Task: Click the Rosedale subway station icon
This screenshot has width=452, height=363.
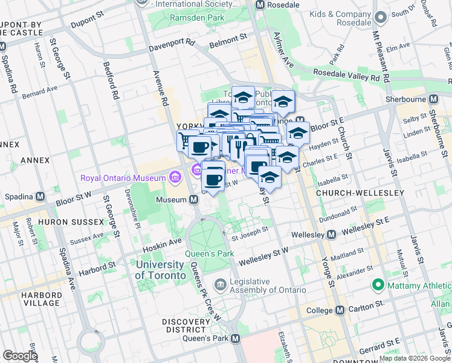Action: [x=260, y=4]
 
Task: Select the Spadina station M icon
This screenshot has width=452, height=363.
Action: [x=40, y=197]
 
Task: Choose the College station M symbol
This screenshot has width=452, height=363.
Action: [x=340, y=310]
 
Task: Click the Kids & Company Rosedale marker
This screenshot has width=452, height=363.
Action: [x=380, y=18]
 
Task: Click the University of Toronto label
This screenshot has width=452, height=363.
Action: [x=161, y=270]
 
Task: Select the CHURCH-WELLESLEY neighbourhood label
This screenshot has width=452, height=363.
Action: [x=360, y=192]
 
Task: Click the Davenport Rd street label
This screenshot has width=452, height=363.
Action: [x=172, y=44]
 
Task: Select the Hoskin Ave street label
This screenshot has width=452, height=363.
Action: [x=162, y=244]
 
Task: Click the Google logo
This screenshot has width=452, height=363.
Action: [x=20, y=355]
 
